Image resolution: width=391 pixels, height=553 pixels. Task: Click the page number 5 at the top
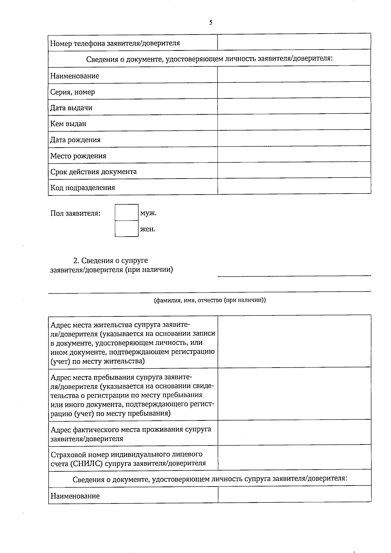[x=211, y=22]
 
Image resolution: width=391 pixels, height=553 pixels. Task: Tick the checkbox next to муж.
[x=126, y=212]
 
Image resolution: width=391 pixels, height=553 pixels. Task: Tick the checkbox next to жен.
[x=126, y=228]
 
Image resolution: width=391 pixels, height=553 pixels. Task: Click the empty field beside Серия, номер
[x=294, y=90]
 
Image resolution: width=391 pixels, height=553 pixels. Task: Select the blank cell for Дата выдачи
[x=294, y=106]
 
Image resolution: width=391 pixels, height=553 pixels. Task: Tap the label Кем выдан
[x=68, y=124]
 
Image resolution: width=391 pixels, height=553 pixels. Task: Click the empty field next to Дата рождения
[x=294, y=138]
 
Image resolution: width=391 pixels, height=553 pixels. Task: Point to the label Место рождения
[x=78, y=156]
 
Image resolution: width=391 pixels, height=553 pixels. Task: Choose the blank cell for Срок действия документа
[x=294, y=170]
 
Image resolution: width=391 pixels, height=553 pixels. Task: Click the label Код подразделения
[x=82, y=188]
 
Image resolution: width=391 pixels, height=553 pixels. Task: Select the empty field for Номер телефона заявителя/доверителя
[x=294, y=42]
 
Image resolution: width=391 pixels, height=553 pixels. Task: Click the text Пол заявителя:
[x=75, y=213]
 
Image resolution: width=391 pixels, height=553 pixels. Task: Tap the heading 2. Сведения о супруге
[x=110, y=260]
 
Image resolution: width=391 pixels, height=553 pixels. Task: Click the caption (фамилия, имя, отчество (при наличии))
[x=210, y=300]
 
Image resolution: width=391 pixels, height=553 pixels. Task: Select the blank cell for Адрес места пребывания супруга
[x=294, y=394]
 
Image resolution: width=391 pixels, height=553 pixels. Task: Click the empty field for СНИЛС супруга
[x=294, y=458]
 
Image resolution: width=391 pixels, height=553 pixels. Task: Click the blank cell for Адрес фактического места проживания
[x=294, y=433]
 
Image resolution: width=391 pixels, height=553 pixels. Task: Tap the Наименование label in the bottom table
[x=75, y=496]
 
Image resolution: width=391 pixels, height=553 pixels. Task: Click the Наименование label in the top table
[x=75, y=76]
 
